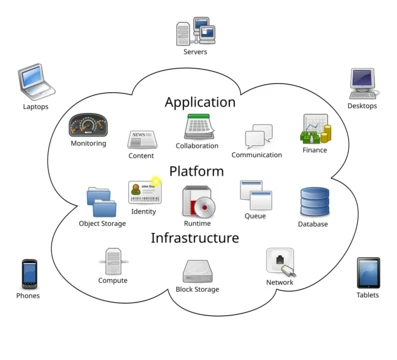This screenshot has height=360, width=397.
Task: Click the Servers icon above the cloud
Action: [x=196, y=31]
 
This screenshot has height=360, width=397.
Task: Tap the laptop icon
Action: [x=36, y=82]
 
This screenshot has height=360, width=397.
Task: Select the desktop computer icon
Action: [x=363, y=84]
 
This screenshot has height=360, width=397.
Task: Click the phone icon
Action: [x=29, y=274]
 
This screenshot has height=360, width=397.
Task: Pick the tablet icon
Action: [x=368, y=273]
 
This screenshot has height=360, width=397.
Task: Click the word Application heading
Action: [x=200, y=102]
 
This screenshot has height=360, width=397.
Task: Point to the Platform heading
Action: [x=196, y=171]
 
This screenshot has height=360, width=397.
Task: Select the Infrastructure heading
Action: [x=195, y=238]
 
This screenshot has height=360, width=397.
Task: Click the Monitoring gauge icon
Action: [x=88, y=125]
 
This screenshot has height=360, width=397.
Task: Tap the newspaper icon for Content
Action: [x=142, y=140]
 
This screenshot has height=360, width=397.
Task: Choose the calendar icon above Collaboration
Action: [x=199, y=127]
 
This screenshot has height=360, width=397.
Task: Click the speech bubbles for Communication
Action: [x=259, y=136]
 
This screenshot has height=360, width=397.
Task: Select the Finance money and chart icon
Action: [x=316, y=129]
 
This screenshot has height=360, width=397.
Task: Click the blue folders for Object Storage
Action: [x=102, y=202]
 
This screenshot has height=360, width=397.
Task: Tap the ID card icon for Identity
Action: [x=145, y=192]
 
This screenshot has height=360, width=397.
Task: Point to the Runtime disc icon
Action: [x=199, y=201]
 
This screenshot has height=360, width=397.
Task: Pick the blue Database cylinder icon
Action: [x=315, y=202]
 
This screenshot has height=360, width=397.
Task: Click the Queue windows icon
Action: [x=256, y=195]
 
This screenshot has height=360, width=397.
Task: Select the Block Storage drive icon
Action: [x=198, y=272]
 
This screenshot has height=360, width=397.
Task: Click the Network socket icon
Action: [x=281, y=262]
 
